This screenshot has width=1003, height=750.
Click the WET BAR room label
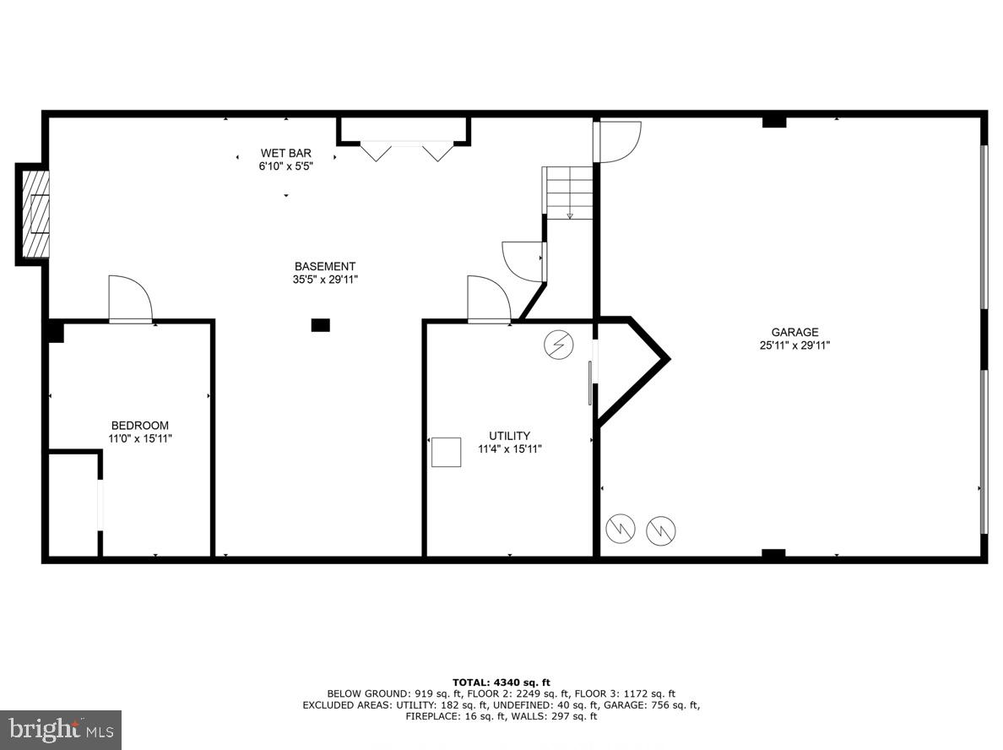click(285, 153)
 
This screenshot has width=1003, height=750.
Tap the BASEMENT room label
click(324, 266)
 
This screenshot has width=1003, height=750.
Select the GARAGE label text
click(794, 332)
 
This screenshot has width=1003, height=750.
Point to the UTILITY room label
click(509, 436)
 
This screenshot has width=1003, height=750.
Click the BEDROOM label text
click(140, 426)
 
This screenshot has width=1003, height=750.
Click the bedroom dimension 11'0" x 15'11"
click(140, 438)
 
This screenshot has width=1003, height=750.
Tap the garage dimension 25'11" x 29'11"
click(794, 345)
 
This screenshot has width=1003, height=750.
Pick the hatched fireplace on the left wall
click(35, 215)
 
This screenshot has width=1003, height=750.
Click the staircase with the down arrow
click(570, 193)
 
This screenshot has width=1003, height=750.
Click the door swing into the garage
click(618, 140)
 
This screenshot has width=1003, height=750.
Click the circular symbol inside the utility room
click(556, 344)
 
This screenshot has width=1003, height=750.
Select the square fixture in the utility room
click(447, 452)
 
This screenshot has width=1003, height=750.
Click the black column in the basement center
click(321, 324)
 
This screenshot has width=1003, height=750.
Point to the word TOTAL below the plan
click(470, 681)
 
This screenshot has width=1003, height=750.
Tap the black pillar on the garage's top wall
click(774, 122)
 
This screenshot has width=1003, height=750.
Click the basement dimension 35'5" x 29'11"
click(324, 279)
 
